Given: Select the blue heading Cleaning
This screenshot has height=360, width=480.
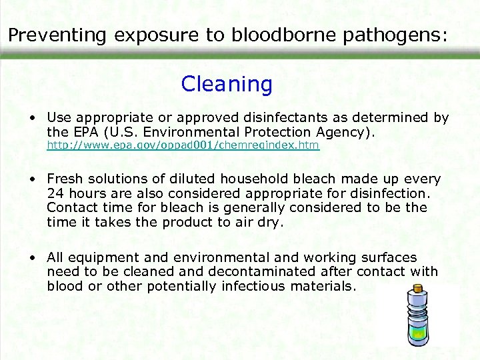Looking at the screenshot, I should (x=227, y=85).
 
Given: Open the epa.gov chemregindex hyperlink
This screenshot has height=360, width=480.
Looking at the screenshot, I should (x=183, y=145).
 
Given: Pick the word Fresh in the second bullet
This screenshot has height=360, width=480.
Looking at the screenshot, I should (x=65, y=179).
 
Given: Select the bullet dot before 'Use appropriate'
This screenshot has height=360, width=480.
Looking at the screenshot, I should (x=32, y=118).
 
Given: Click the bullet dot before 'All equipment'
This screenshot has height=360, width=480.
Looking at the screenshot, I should (x=32, y=257).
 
